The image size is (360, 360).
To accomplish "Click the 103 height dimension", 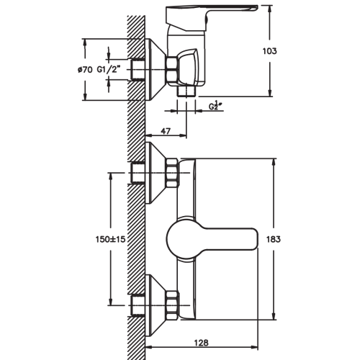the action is (270, 51).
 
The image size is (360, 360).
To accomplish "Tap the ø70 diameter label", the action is (85, 70).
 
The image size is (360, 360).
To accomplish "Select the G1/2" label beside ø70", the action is (108, 70).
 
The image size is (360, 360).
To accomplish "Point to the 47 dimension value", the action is (166, 131).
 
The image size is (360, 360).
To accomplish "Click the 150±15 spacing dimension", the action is (110, 239).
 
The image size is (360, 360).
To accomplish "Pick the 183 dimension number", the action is (274, 239).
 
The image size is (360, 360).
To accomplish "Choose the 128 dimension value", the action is (202, 343).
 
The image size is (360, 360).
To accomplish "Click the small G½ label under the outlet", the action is (215, 106).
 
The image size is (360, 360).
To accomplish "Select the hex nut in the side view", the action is (171, 71).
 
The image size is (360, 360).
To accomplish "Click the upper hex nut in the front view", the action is (172, 173).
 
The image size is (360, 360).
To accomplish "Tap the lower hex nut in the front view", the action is (172, 305).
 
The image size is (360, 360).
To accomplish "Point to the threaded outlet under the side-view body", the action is (186, 91).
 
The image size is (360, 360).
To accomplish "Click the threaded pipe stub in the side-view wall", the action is (138, 70).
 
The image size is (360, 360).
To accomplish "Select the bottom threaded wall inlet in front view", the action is (138, 305).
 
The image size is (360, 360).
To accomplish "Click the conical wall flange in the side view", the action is (156, 70).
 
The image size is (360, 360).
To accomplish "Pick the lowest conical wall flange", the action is (156, 305).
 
